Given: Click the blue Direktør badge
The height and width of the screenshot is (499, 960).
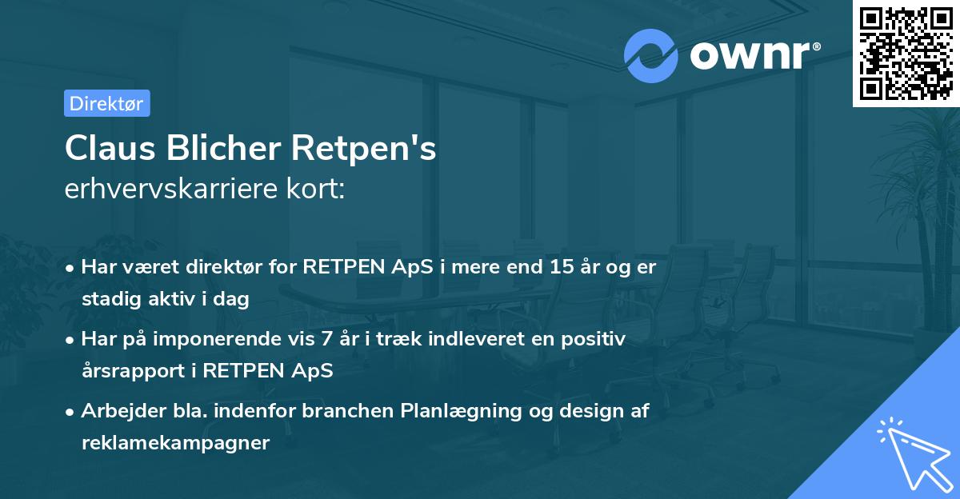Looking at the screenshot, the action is [x=107, y=103].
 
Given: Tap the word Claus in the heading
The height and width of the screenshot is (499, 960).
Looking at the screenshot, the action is [x=110, y=148].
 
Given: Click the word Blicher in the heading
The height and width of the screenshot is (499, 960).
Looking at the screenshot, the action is [x=223, y=148].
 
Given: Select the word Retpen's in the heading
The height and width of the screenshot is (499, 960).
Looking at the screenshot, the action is [x=363, y=148].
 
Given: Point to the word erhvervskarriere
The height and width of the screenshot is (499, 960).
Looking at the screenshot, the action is [x=170, y=188].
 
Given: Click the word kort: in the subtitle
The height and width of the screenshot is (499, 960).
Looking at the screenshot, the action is [x=315, y=188].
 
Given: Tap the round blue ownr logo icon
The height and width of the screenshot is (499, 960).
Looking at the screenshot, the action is [x=650, y=56].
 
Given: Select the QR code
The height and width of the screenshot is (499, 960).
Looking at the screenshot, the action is [x=906, y=53].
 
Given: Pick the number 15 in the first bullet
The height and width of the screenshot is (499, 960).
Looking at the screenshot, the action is [x=562, y=266].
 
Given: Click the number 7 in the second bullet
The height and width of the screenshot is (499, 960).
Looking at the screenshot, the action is [x=326, y=339].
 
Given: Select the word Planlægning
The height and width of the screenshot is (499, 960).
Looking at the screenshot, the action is [x=461, y=411].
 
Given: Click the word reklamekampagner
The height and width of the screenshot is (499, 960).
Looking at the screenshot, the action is [x=176, y=443].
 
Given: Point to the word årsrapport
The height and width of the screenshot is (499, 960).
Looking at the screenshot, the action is [x=134, y=371].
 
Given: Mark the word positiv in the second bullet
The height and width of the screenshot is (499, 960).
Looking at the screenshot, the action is [x=593, y=340].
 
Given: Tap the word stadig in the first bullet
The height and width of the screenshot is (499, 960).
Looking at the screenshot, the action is [x=111, y=299].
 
